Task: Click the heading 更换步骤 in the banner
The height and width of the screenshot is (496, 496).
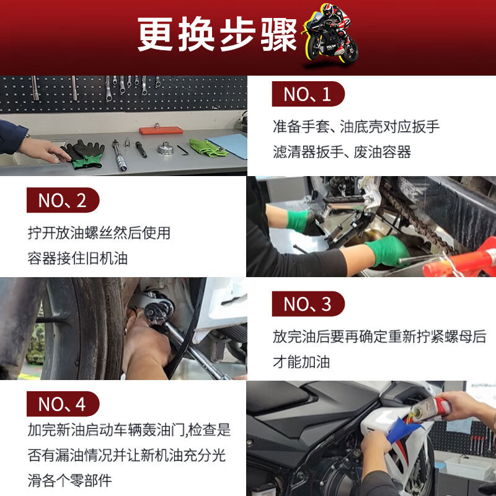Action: click(x=217, y=34)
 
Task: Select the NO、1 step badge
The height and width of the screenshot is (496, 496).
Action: click(x=308, y=94)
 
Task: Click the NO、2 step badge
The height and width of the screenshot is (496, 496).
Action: click(x=63, y=200)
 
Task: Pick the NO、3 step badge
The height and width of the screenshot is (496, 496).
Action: click(x=308, y=304)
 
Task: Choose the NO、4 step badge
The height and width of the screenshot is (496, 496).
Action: click(x=63, y=404)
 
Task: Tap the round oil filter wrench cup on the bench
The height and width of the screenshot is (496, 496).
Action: click(x=164, y=149)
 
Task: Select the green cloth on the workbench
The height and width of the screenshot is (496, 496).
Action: click(x=207, y=148)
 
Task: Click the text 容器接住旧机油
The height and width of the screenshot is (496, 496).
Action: click(x=77, y=258)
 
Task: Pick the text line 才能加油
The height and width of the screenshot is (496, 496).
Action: click(x=302, y=361)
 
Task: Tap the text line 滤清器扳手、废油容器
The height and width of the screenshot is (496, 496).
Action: click(x=342, y=152)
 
